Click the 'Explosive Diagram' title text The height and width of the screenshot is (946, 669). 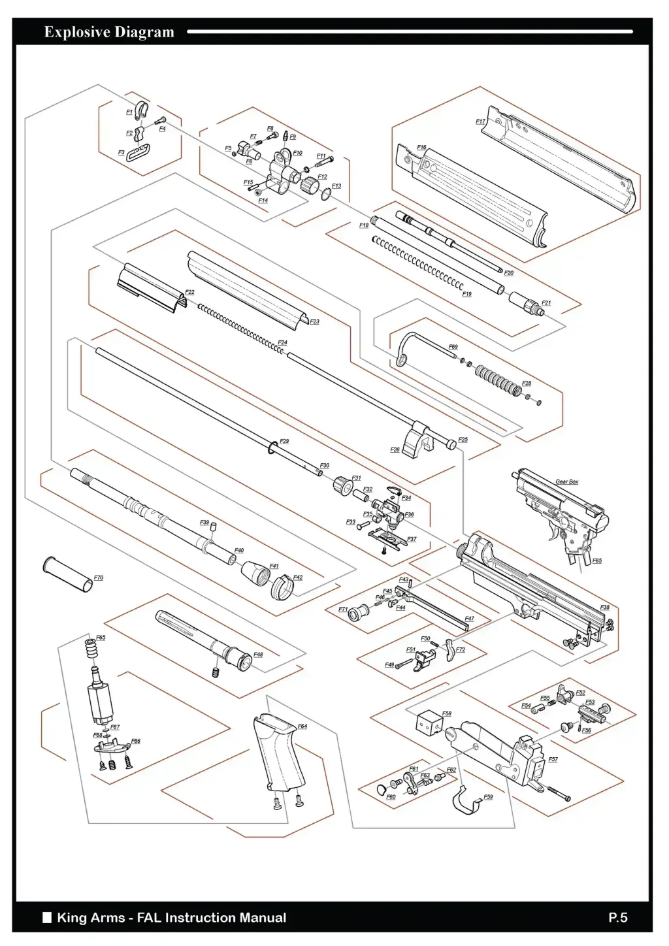click(x=109, y=32)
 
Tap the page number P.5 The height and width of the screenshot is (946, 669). click(x=617, y=918)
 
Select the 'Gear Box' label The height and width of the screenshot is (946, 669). click(x=566, y=481)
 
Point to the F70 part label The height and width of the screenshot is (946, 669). click(x=99, y=578)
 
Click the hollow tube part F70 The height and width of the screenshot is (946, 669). click(x=67, y=575)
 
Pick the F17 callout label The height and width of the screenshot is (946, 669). click(x=480, y=122)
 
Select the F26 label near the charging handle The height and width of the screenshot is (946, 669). click(x=395, y=449)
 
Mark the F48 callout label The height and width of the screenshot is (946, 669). click(x=258, y=655)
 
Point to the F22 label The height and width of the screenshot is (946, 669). click(x=189, y=292)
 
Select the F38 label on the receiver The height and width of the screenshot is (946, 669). click(x=605, y=608)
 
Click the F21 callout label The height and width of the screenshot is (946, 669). click(x=546, y=303)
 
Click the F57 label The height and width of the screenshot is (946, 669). click(x=553, y=760)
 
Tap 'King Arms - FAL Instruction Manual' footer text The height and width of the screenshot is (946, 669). click(x=171, y=918)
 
